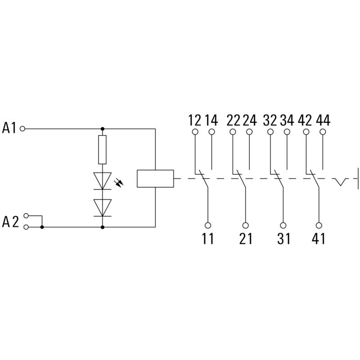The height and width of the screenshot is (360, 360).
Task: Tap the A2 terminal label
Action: pyautogui.click(x=10, y=222)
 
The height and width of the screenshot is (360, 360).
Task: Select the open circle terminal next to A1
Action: pyautogui.click(x=23, y=129)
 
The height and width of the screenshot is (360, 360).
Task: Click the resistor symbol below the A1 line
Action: pyautogui.click(x=102, y=149)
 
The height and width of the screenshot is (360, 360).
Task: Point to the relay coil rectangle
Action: pyautogui.click(x=155, y=178)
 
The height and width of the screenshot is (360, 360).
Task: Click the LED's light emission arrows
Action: pyautogui.click(x=120, y=183)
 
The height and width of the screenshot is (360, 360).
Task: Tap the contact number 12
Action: pyautogui.click(x=194, y=121)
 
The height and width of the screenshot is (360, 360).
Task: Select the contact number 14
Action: pyautogui.click(x=211, y=121)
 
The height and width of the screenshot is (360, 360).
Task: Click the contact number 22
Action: pyautogui.click(x=233, y=121)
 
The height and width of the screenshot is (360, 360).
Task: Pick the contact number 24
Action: pyautogui.click(x=249, y=121)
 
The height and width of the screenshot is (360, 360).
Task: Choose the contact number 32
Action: pyautogui.click(x=270, y=121)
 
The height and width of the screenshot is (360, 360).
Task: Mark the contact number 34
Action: pyautogui.click(x=287, y=121)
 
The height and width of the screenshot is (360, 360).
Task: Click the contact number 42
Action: pyautogui.click(x=306, y=121)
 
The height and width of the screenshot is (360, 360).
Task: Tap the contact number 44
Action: pyautogui.click(x=323, y=121)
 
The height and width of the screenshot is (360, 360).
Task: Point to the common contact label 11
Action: pyautogui.click(x=208, y=238)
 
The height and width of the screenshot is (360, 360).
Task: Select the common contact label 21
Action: pyautogui.click(x=246, y=238)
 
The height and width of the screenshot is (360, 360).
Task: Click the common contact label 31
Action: pyautogui.click(x=283, y=238)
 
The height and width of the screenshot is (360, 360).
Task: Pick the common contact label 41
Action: pyautogui.click(x=319, y=238)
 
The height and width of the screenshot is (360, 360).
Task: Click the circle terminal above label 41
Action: pyautogui.click(x=319, y=225)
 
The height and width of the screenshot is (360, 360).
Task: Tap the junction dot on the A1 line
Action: pyautogui.click(x=102, y=129)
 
